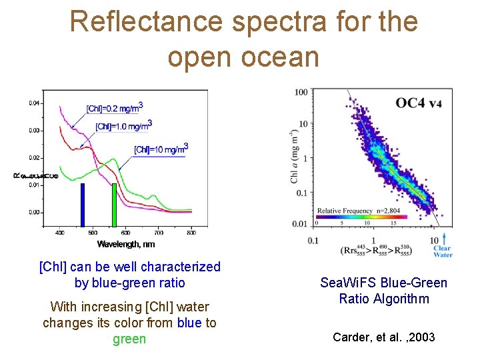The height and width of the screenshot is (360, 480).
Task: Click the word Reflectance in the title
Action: click(x=146, y=22)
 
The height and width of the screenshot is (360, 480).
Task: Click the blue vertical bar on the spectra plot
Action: click(x=83, y=205)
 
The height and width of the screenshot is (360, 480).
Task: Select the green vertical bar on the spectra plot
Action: click(x=114, y=205)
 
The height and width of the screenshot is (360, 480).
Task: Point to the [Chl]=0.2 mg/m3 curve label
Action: click(x=115, y=108)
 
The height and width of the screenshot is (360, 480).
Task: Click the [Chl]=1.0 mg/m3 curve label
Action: click(x=124, y=126)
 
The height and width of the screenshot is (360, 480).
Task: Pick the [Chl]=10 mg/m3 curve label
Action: click(x=161, y=149)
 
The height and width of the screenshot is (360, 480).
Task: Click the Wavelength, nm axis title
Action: click(x=125, y=244)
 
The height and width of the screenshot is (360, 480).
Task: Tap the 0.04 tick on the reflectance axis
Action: click(x=33, y=103)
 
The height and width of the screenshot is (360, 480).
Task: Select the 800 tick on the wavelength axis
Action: click(x=191, y=233)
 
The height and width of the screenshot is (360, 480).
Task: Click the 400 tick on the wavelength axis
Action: click(x=59, y=233)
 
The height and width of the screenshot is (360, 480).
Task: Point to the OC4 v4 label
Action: click(x=419, y=103)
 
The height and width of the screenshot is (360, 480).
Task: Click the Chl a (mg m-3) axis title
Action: click(x=294, y=157)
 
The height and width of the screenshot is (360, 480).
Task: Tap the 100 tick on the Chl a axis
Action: click(x=301, y=92)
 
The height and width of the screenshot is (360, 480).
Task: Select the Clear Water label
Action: click(x=443, y=251)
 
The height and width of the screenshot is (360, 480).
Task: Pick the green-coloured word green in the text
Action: click(x=129, y=339)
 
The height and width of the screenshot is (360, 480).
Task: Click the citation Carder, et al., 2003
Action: click(x=383, y=337)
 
